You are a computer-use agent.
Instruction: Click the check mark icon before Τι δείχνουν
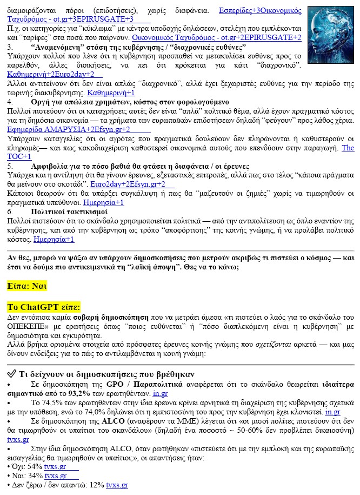11,373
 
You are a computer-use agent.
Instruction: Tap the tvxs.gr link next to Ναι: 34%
55,476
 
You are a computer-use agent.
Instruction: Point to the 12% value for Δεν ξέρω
97,485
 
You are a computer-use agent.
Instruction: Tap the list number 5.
10,166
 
